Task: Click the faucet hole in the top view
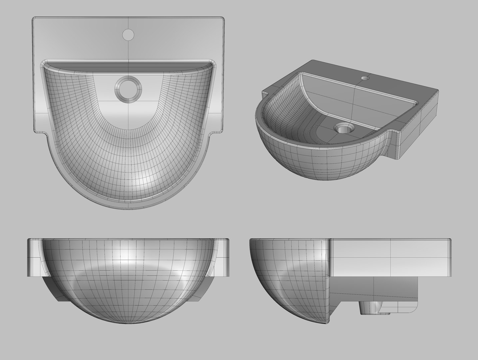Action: click(128, 34)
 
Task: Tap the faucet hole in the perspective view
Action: click(365, 78)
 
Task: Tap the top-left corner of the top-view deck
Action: click(34, 17)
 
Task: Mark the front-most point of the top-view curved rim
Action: click(128, 209)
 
